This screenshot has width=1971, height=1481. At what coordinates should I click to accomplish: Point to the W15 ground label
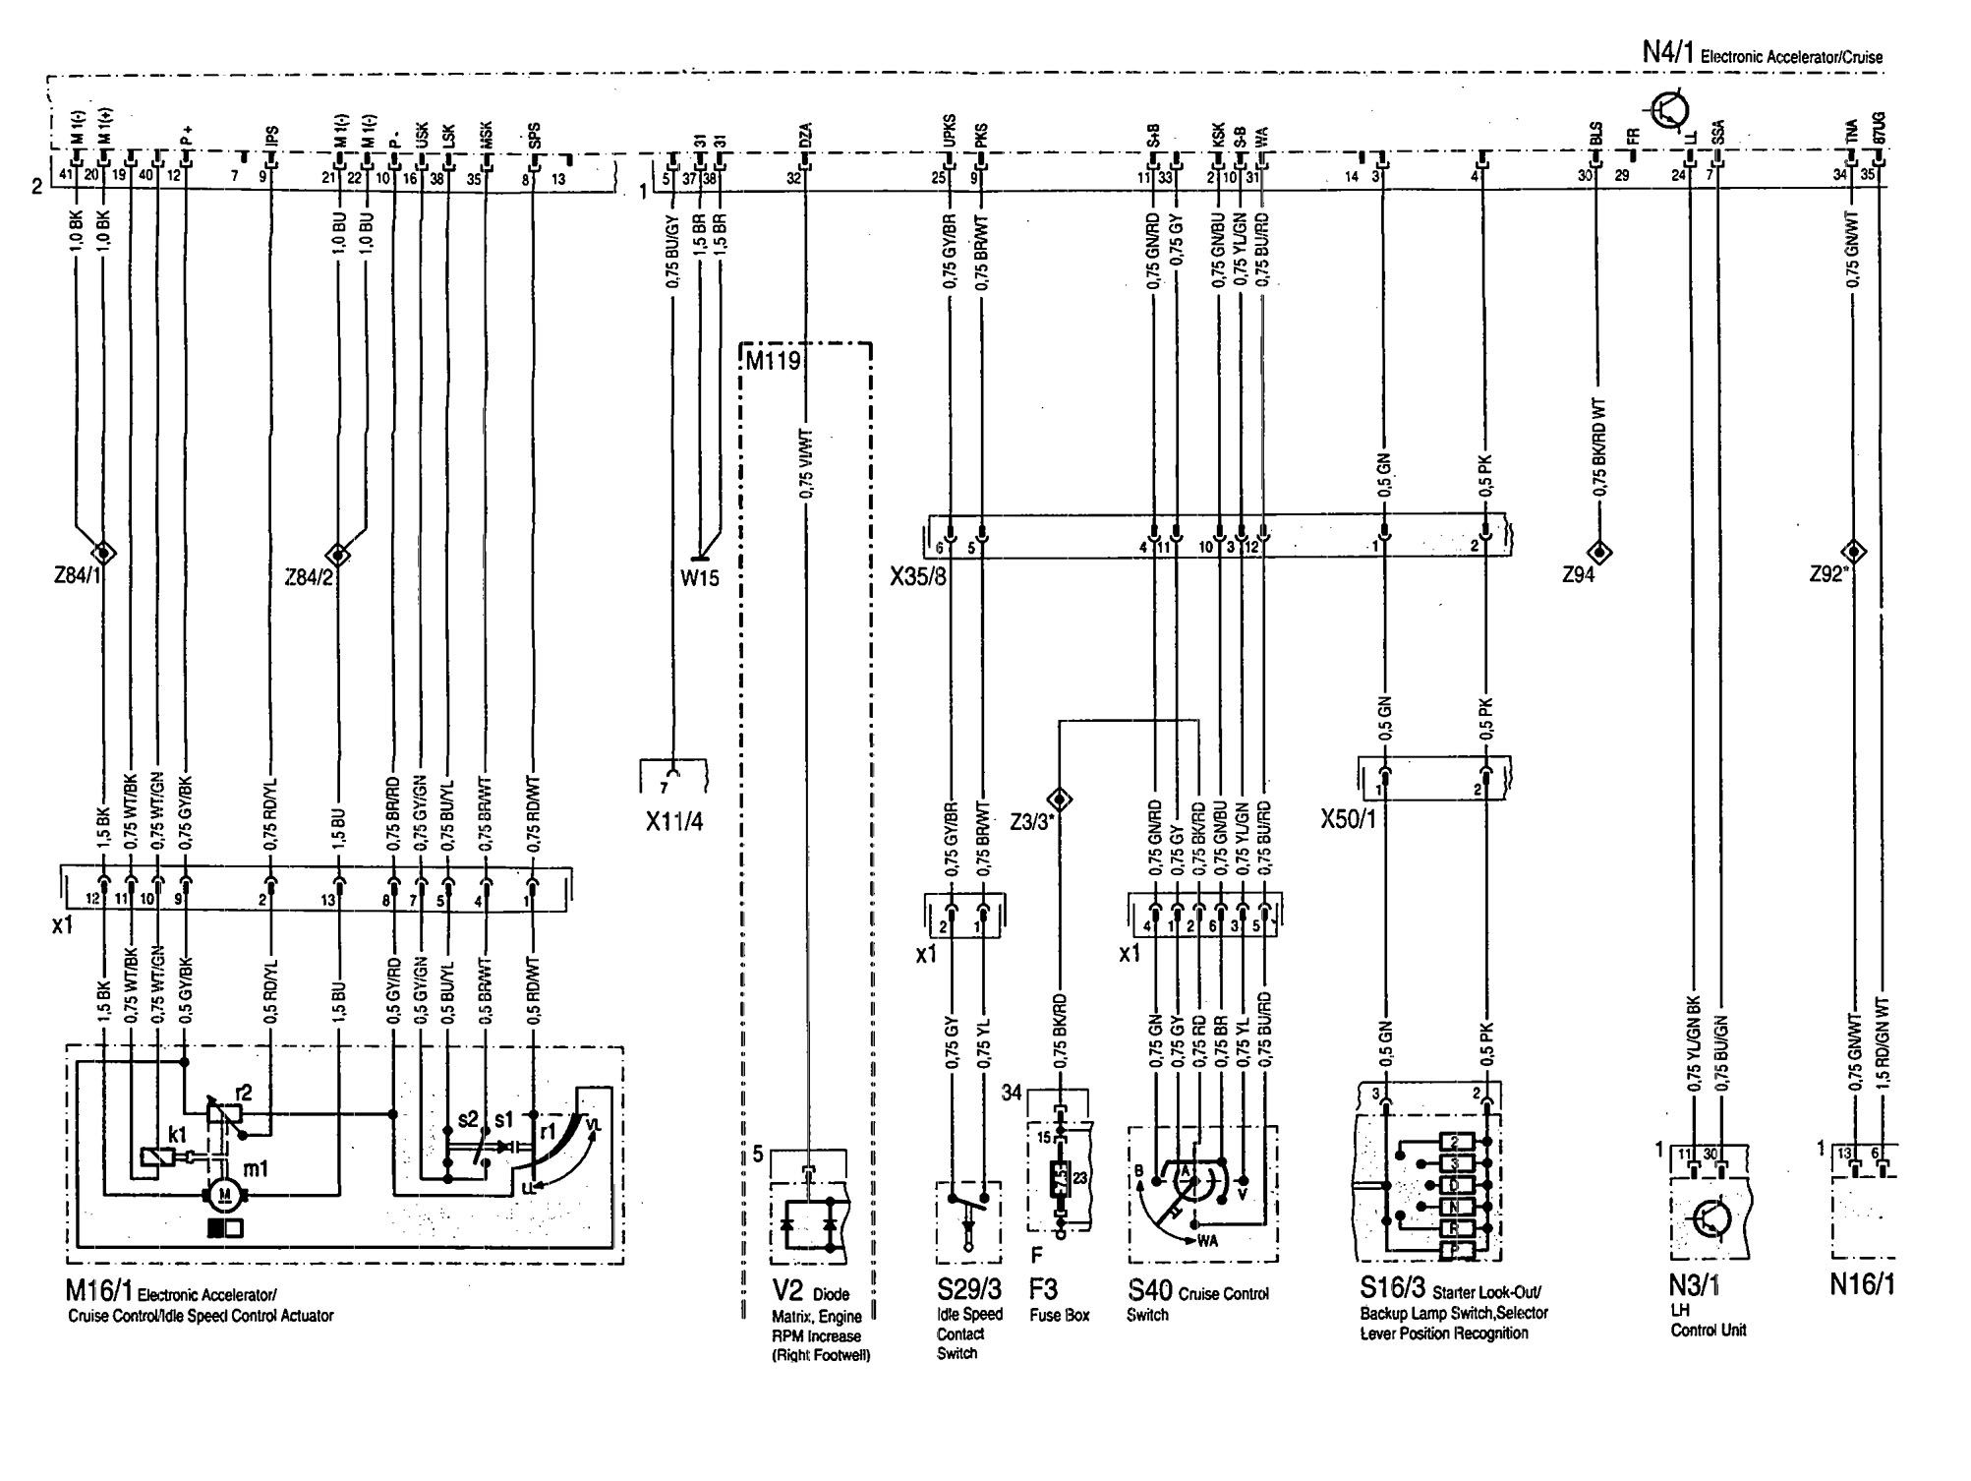coord(700,577)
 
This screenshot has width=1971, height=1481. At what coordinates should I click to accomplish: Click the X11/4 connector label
coord(674,822)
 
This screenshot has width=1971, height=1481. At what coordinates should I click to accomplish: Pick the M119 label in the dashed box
coord(772,361)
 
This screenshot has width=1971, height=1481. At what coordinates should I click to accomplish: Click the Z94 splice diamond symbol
coord(1599,553)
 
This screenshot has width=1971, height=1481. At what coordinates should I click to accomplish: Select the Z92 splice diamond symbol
coord(1854,551)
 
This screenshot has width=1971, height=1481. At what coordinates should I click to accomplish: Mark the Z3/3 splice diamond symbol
coord(1060,798)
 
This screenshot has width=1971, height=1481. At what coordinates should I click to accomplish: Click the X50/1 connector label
coord(1349,819)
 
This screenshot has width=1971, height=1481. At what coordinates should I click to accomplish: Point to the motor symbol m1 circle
coord(225,1194)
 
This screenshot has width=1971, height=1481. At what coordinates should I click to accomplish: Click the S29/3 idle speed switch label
coord(968,1288)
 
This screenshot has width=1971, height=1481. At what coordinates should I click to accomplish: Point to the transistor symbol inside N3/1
coord(1710,1220)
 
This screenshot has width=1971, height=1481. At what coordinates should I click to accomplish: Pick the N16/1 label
coord(1861,1285)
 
